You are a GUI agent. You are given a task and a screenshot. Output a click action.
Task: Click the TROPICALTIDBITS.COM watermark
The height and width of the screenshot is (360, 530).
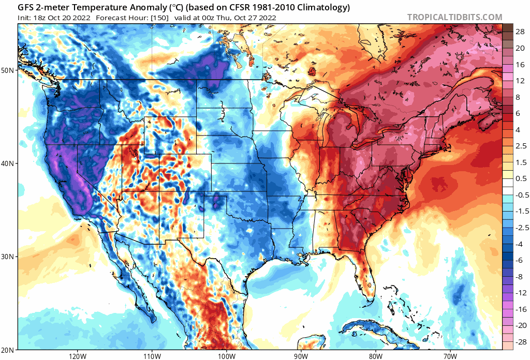[x=454, y=17]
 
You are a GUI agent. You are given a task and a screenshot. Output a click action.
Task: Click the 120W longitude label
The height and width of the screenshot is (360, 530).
[x=77, y=356]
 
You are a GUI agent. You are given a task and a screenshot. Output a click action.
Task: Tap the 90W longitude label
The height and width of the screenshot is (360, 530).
[x=301, y=356]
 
